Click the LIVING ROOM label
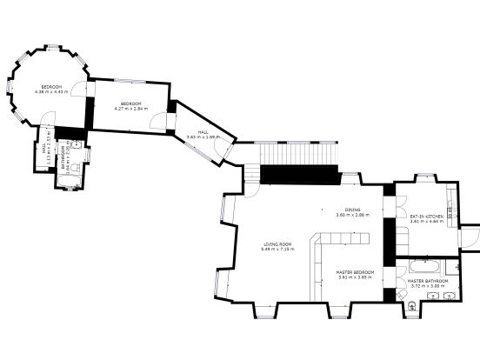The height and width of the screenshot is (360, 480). tap(277, 243)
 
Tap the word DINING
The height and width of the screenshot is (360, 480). tap(352, 210)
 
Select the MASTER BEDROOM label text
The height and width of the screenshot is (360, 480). tap(355, 272)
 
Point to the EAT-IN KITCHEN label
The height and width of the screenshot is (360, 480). tap(427, 216)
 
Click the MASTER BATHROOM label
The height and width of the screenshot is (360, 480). tap(428, 281)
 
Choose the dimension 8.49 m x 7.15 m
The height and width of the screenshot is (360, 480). tap(277, 250)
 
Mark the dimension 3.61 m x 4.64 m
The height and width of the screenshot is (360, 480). tap(427, 222)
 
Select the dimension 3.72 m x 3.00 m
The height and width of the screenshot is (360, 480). tap(428, 286)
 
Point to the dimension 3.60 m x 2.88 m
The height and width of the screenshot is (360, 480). tap(353, 215)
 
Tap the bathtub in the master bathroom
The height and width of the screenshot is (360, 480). tap(426, 264)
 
